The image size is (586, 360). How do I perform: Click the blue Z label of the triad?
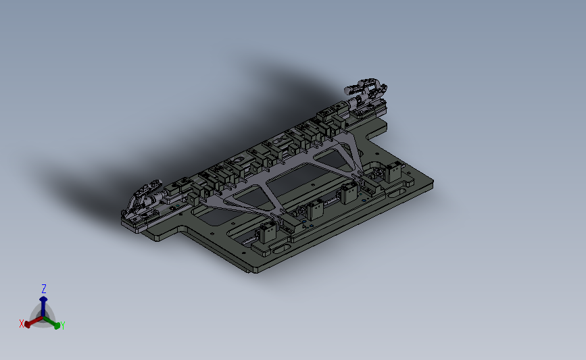coord(44,288)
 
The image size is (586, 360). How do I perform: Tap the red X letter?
coord(22,324)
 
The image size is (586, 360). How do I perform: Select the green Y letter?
coord(62,326)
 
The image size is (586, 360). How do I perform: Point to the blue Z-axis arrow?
coord(43,307)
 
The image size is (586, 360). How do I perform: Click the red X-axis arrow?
coord(34,322)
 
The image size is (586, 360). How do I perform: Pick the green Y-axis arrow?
coord(51,322)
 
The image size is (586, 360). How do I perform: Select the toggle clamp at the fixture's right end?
coord(366,91)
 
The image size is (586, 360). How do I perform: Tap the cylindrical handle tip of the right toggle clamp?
coord(349,90)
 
